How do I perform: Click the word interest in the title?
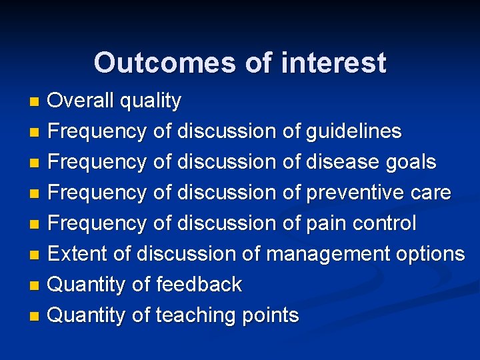tap(333, 63)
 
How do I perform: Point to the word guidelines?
tap(353, 131)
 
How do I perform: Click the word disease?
tap(342, 162)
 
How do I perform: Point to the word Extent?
tap(74, 254)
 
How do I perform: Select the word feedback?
tap(199, 285)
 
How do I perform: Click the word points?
tap(271, 316)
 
